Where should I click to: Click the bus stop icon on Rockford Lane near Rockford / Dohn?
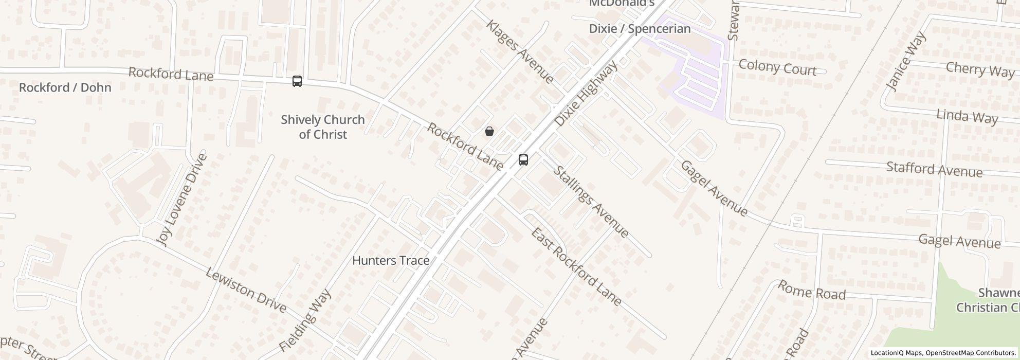point(297,81)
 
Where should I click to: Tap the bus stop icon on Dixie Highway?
point(523,160)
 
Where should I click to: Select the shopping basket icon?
point(489,131)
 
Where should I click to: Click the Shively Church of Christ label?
point(323,127)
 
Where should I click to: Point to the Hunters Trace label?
point(391,261)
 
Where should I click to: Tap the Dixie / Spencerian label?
point(640,29)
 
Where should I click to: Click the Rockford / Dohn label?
point(65,87)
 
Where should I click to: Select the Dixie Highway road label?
point(586,95)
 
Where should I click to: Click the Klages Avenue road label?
point(520,52)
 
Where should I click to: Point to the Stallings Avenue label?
point(591,201)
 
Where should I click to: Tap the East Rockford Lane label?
point(576,267)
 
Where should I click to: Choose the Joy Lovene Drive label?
point(183,200)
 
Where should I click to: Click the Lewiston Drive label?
point(246,291)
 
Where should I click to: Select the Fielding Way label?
point(305,320)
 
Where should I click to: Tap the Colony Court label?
point(777,68)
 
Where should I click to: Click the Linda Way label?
point(967,117)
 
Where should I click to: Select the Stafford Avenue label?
point(934,169)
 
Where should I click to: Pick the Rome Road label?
point(811,290)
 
